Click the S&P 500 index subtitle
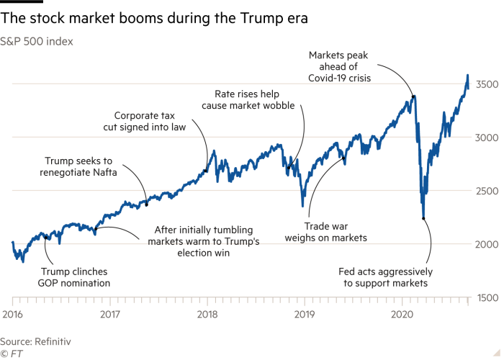pyautogui.click(x=37, y=41)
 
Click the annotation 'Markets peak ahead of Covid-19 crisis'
pyautogui.click(x=339, y=66)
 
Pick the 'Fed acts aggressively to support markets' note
pyautogui.click(x=384, y=277)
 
